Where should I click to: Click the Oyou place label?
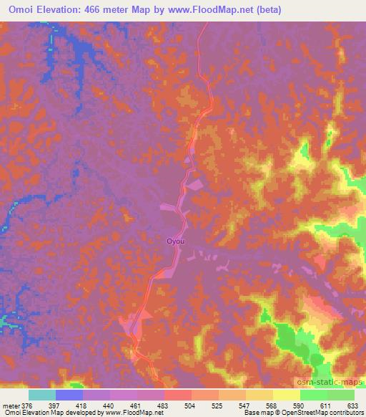point(176,241)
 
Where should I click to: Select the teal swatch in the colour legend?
point(42,396)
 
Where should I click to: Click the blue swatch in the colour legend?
point(69,396)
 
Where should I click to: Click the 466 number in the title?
point(97,10)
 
